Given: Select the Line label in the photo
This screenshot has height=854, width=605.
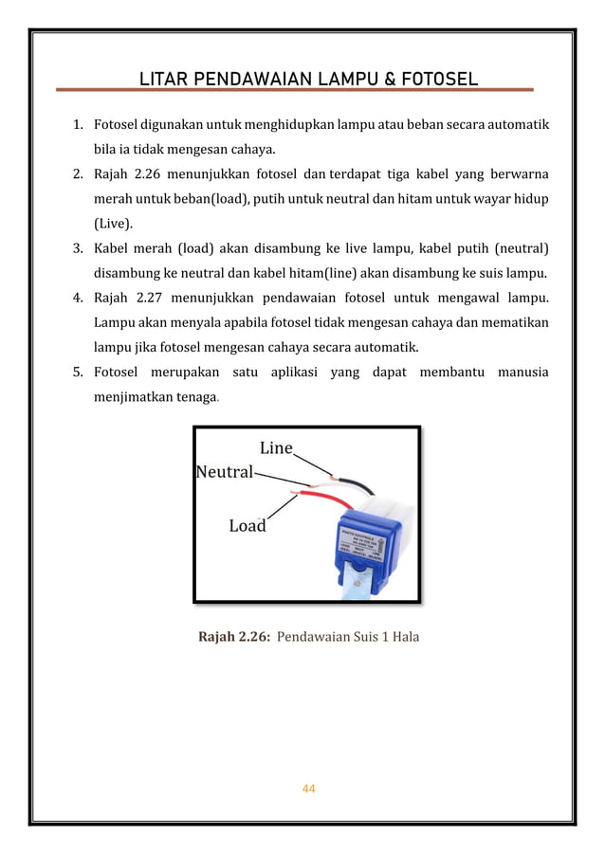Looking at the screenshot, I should (x=276, y=448).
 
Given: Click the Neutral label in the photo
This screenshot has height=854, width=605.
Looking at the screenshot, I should (x=225, y=471).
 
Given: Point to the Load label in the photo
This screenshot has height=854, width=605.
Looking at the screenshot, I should (x=247, y=525).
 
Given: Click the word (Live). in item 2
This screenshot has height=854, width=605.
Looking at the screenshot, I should (x=114, y=225).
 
